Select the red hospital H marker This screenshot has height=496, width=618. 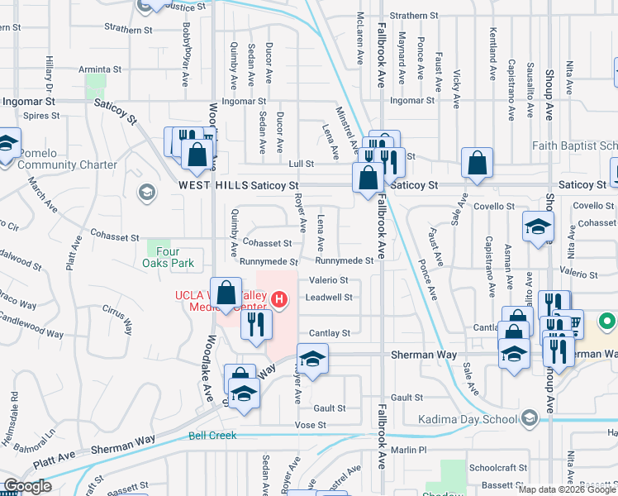point(280,299)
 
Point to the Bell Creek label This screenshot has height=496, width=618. point(212,435)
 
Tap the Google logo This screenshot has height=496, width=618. point(27,486)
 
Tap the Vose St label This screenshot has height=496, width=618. point(311,425)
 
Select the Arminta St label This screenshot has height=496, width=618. point(101,70)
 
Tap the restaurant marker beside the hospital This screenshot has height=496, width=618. point(256,322)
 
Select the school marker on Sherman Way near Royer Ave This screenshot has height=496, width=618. point(312,360)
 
